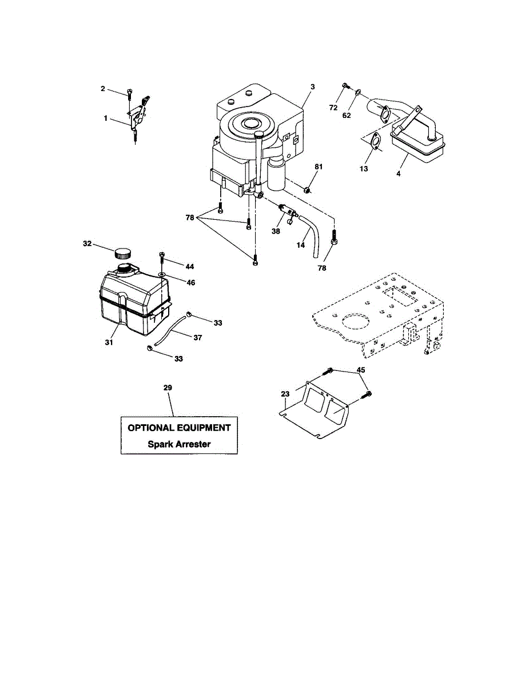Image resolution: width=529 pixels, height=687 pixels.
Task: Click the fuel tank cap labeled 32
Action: coord(122,252)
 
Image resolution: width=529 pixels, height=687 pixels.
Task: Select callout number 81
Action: coord(319,167)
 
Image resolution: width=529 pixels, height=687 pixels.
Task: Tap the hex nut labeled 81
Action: coord(307,189)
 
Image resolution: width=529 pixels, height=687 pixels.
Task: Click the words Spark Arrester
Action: coord(178,444)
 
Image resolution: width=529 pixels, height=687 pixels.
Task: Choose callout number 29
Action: coord(168,388)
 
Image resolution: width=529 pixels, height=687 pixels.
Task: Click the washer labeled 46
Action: coord(163,275)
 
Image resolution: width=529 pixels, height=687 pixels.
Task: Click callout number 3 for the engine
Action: coord(313,86)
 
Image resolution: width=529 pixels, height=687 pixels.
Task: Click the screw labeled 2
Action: coord(129,92)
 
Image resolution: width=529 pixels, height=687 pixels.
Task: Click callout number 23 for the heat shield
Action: coord(285,393)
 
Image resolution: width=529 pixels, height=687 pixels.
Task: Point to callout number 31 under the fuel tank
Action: coord(109,342)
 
